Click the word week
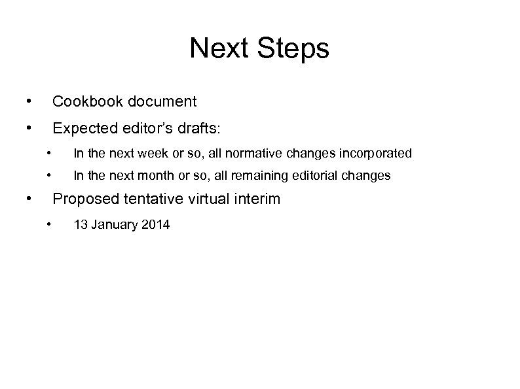(147, 154)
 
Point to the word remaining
(256, 175)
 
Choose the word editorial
(320, 175)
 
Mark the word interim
(258, 198)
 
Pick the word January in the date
(111, 225)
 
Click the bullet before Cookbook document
(28, 101)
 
